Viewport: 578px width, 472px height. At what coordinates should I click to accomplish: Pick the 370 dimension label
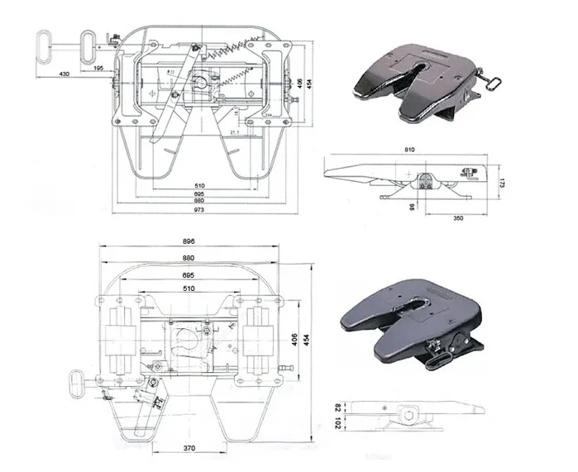pyautogui.click(x=190, y=448)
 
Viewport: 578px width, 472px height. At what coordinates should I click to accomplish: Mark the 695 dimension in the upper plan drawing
pyautogui.click(x=200, y=193)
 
